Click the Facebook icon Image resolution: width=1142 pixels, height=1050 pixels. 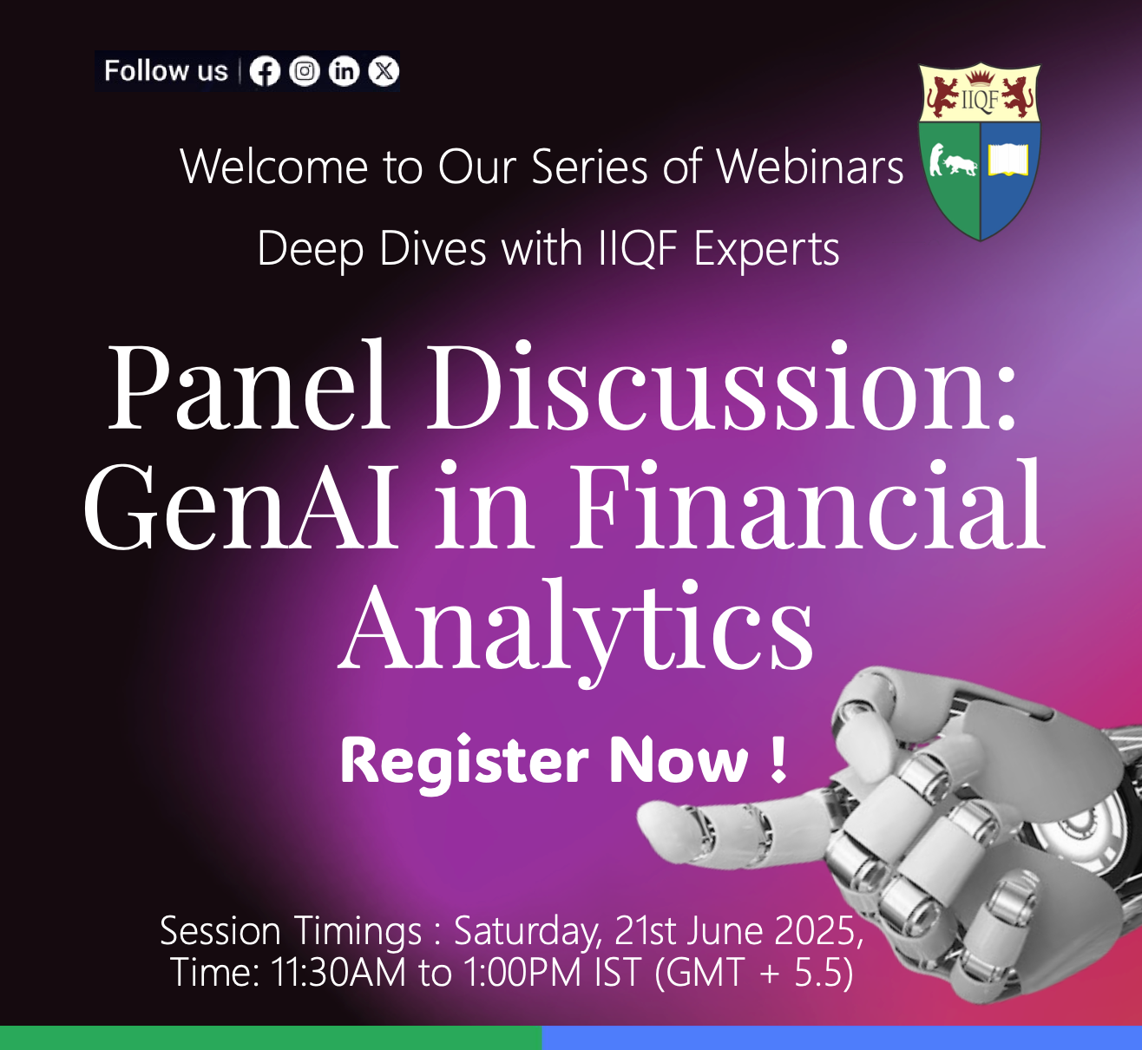coord(265,72)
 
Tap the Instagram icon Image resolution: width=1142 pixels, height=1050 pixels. coord(305,71)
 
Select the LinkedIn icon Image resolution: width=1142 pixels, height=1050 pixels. coord(345,71)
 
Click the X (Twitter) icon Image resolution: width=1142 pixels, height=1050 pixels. coord(384,71)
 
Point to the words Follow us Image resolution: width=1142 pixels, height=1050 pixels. coord(166,71)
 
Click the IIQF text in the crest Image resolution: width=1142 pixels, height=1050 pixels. coord(980,100)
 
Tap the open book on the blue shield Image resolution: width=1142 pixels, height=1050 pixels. coord(1008,160)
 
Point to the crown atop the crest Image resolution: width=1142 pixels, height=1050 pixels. coord(981,77)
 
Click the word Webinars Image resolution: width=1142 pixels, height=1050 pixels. coord(811,167)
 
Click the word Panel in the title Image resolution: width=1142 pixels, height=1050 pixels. coord(249,384)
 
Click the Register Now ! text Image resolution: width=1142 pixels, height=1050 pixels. coord(563,761)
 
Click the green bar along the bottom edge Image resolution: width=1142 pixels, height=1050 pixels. coord(271,1038)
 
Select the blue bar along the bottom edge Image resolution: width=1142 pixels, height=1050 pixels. coord(842,1038)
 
